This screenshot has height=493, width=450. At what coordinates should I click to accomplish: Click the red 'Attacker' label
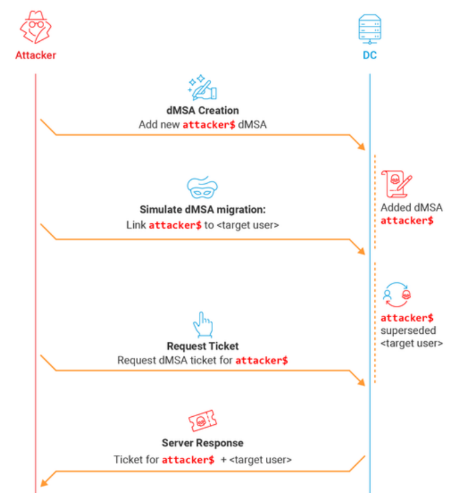click(36, 55)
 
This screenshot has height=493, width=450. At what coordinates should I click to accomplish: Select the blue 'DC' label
click(370, 55)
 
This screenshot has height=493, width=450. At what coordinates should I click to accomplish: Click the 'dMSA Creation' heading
click(203, 111)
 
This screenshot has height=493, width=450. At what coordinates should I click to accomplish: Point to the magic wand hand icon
click(203, 88)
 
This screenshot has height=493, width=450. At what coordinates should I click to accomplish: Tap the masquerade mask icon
click(203, 187)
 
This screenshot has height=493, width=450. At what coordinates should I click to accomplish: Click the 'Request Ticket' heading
click(203, 346)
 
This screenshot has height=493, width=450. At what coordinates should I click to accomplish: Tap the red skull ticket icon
click(203, 420)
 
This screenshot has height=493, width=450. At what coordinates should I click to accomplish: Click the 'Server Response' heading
click(203, 443)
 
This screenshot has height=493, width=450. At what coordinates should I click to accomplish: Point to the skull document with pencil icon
click(396, 184)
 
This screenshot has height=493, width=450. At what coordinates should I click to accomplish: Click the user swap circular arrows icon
click(397, 294)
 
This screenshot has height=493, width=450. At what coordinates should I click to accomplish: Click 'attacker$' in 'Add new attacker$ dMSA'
click(209, 125)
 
